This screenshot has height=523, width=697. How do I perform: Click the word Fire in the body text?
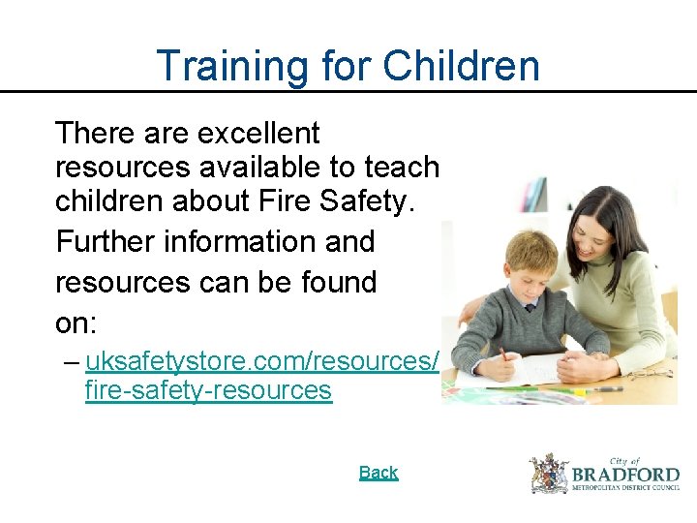281,204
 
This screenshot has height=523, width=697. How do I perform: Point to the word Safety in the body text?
363,204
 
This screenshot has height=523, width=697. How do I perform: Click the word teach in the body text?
402,168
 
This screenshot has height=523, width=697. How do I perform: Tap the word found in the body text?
335,282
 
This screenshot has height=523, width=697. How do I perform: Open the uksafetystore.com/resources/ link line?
262,362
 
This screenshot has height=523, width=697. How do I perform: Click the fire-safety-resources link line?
208,390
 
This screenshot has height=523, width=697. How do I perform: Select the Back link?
379,473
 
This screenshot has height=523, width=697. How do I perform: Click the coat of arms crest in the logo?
549,474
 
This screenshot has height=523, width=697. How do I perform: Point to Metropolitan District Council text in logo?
625,490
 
